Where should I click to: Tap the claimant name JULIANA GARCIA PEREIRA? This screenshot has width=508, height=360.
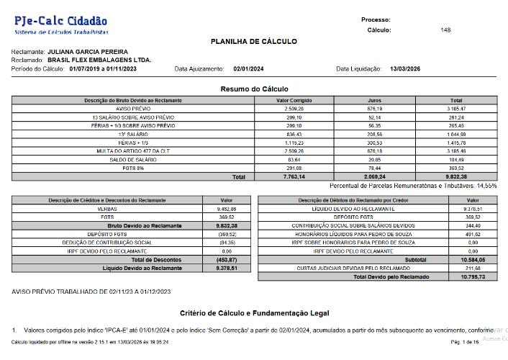click(88, 52)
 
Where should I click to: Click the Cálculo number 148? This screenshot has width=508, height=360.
click(445, 30)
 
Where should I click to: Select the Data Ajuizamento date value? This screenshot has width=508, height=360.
click(249, 68)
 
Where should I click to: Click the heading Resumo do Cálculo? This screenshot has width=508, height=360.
click(254, 89)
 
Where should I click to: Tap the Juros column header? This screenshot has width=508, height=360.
click(374, 100)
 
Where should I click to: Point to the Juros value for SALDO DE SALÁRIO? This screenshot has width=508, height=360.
click(374, 159)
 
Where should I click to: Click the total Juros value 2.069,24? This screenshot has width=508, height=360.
click(373, 176)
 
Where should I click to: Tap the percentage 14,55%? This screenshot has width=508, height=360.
click(486, 185)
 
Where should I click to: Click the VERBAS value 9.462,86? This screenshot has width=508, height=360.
click(216, 208)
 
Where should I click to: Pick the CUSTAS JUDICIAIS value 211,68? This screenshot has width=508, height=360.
click(473, 268)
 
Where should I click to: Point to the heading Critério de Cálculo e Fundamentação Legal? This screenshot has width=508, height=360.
click(253, 313)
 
